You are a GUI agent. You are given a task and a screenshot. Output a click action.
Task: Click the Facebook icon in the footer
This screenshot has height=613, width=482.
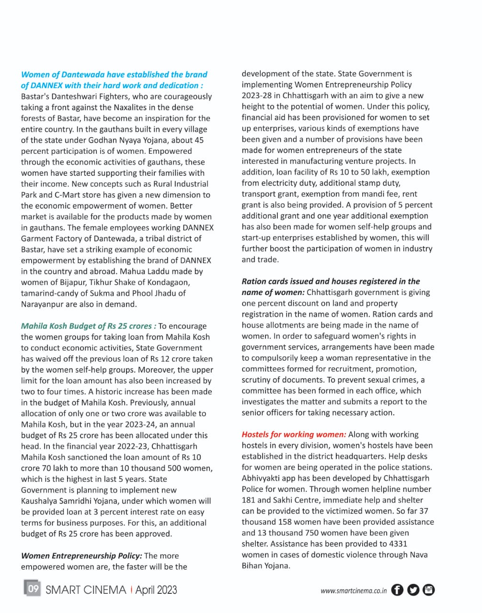click(397, 590)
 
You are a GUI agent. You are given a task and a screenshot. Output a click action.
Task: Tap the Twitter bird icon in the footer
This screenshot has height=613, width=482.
click(413, 590)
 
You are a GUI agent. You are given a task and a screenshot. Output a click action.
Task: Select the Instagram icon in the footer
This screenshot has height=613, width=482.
click(429, 590)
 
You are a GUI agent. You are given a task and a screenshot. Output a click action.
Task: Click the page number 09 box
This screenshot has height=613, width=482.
click(33, 589)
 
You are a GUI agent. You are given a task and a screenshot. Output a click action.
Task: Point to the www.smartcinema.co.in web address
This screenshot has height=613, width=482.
click(354, 590)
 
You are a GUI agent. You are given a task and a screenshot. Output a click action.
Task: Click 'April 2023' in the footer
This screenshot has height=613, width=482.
click(156, 590)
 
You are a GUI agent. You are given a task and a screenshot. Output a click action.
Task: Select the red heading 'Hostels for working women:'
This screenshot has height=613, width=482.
click(294, 434)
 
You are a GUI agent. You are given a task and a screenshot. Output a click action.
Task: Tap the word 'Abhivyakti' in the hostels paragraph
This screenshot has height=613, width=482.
click(263, 478)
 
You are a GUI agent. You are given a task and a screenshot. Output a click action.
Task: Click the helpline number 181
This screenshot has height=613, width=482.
click(249, 500)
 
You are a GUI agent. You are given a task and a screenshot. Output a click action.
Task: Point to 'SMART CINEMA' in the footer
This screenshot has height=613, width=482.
click(86, 590)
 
